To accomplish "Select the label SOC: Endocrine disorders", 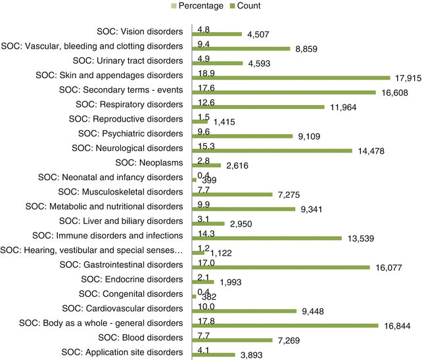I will [x=130, y=279].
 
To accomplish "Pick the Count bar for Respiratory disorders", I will [x=257, y=107].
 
